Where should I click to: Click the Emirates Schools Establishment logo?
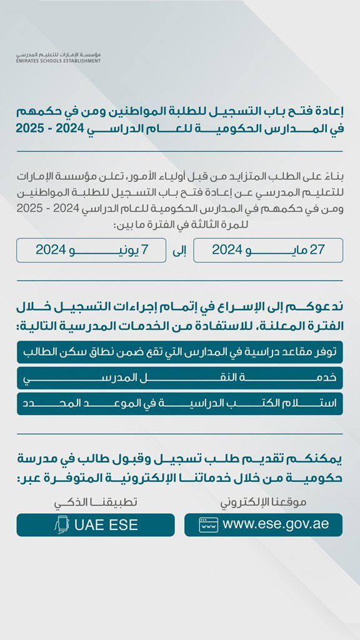59,57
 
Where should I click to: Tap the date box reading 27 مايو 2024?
268,250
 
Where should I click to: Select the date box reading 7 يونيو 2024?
91,250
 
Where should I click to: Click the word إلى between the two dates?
179,251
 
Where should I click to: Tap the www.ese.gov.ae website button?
263,525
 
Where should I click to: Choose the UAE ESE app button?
96,525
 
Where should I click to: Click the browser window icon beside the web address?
208,525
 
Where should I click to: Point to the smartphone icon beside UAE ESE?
61,525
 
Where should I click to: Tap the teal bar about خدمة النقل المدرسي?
180,378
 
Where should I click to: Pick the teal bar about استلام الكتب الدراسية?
180,403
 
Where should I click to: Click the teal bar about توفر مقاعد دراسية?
180,352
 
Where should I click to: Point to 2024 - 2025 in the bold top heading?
51,132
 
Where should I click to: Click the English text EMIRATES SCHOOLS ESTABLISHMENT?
59,61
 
